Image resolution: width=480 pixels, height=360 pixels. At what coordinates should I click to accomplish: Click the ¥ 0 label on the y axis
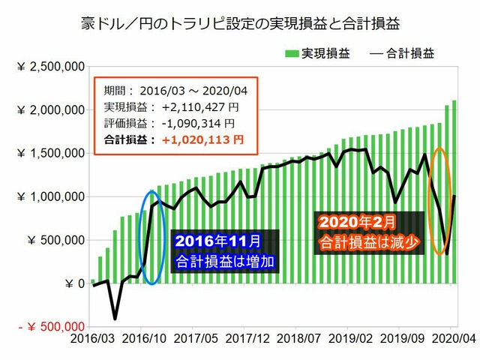[x=73, y=283]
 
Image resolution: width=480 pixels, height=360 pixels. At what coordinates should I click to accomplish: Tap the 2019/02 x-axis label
[x=350, y=339]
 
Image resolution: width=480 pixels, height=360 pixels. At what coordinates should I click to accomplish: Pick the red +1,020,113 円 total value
[x=196, y=139]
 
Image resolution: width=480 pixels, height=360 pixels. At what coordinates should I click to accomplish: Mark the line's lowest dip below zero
[x=115, y=318]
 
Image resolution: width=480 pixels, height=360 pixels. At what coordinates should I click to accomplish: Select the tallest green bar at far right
[x=454, y=192]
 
